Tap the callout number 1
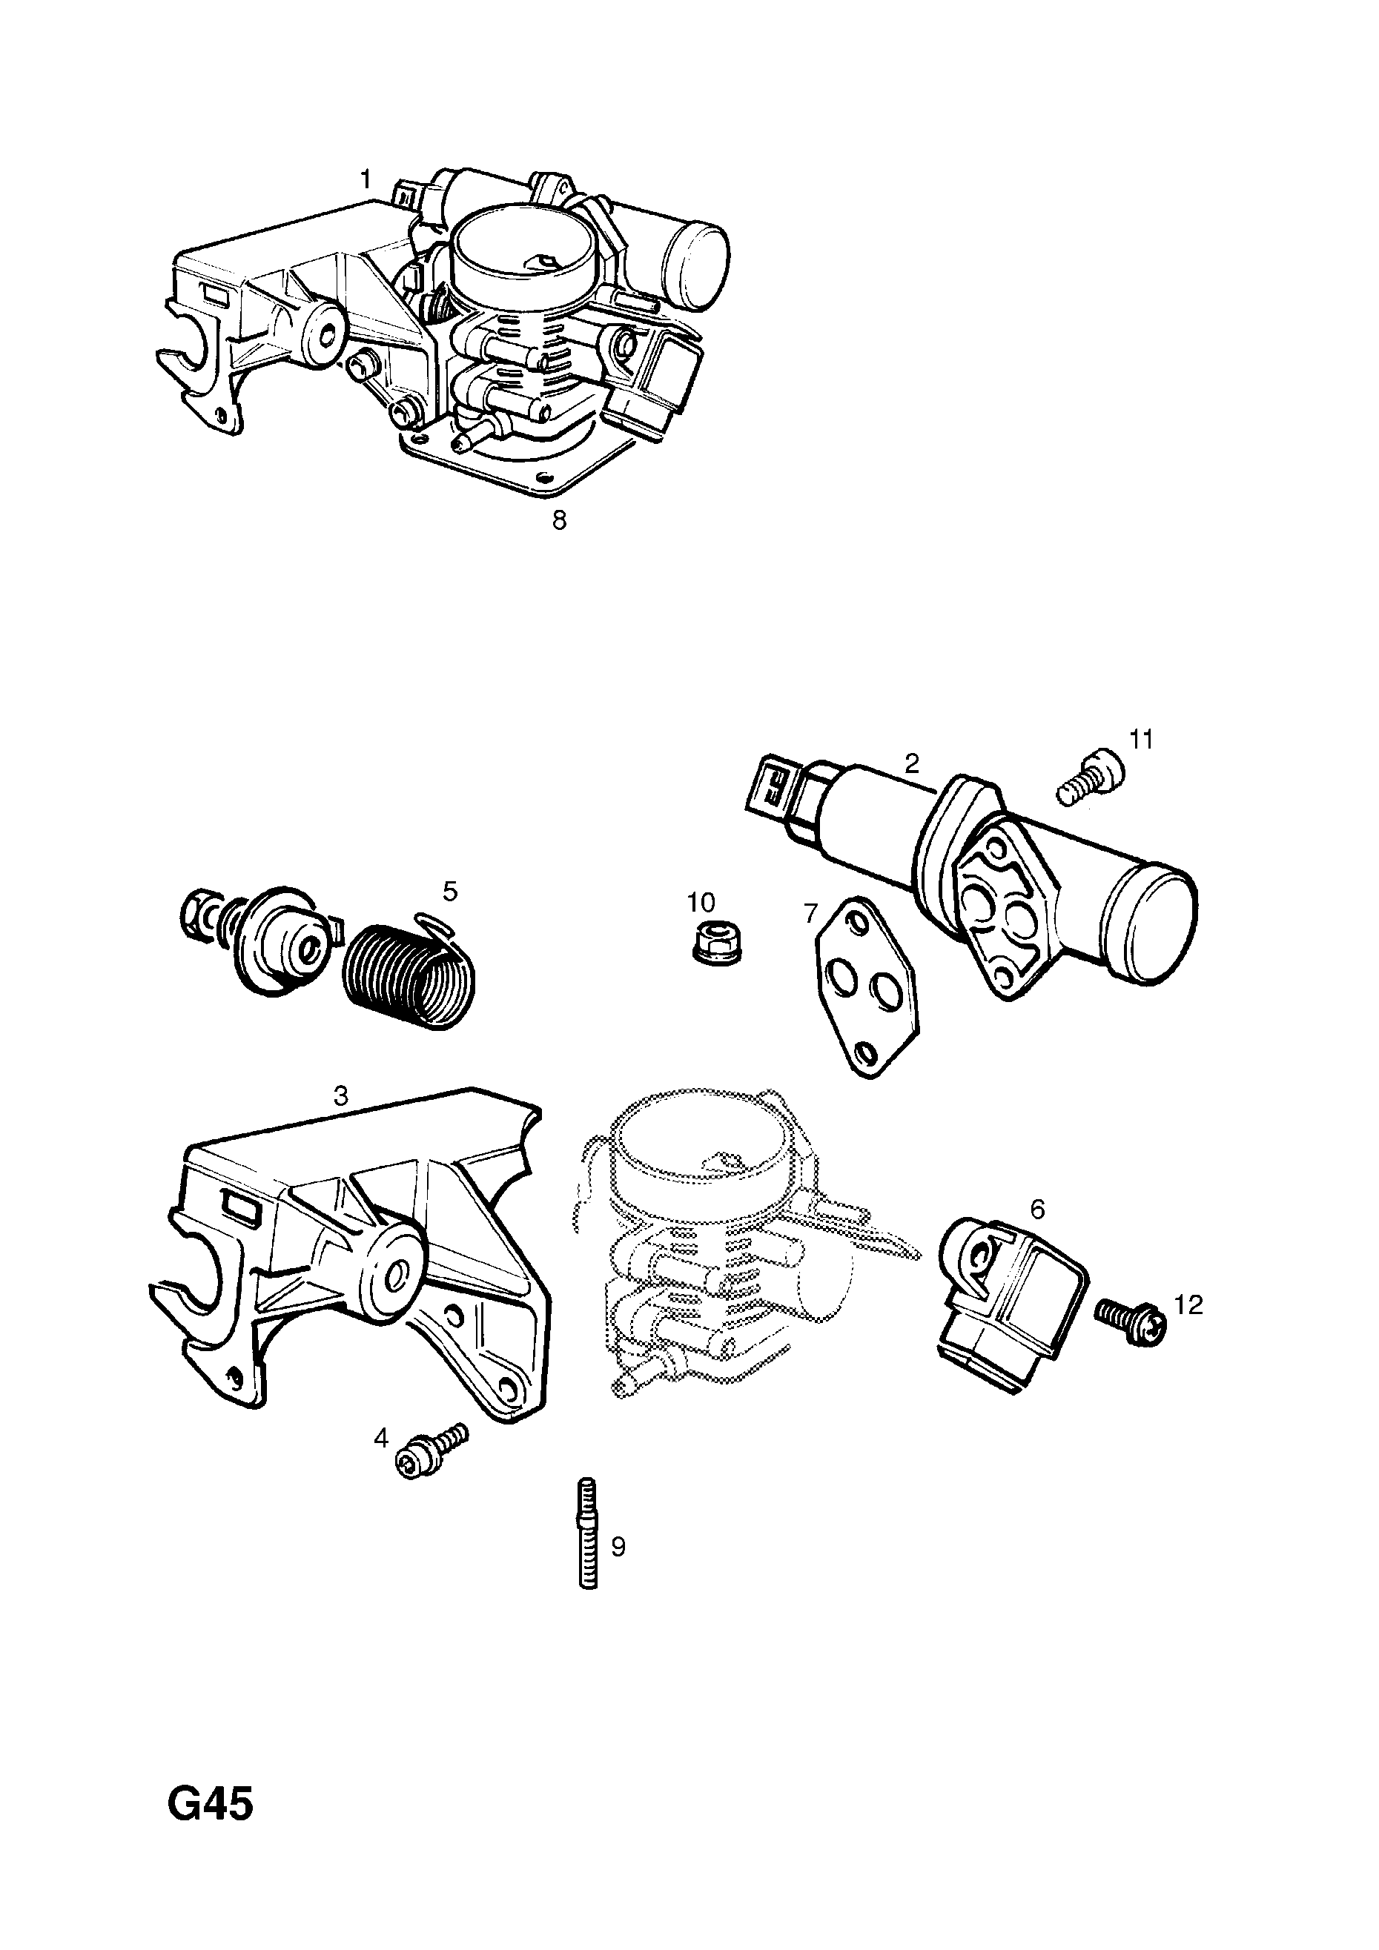(366, 180)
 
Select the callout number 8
(559, 520)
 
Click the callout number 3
(341, 1095)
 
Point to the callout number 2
(912, 763)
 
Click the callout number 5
(449, 891)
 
